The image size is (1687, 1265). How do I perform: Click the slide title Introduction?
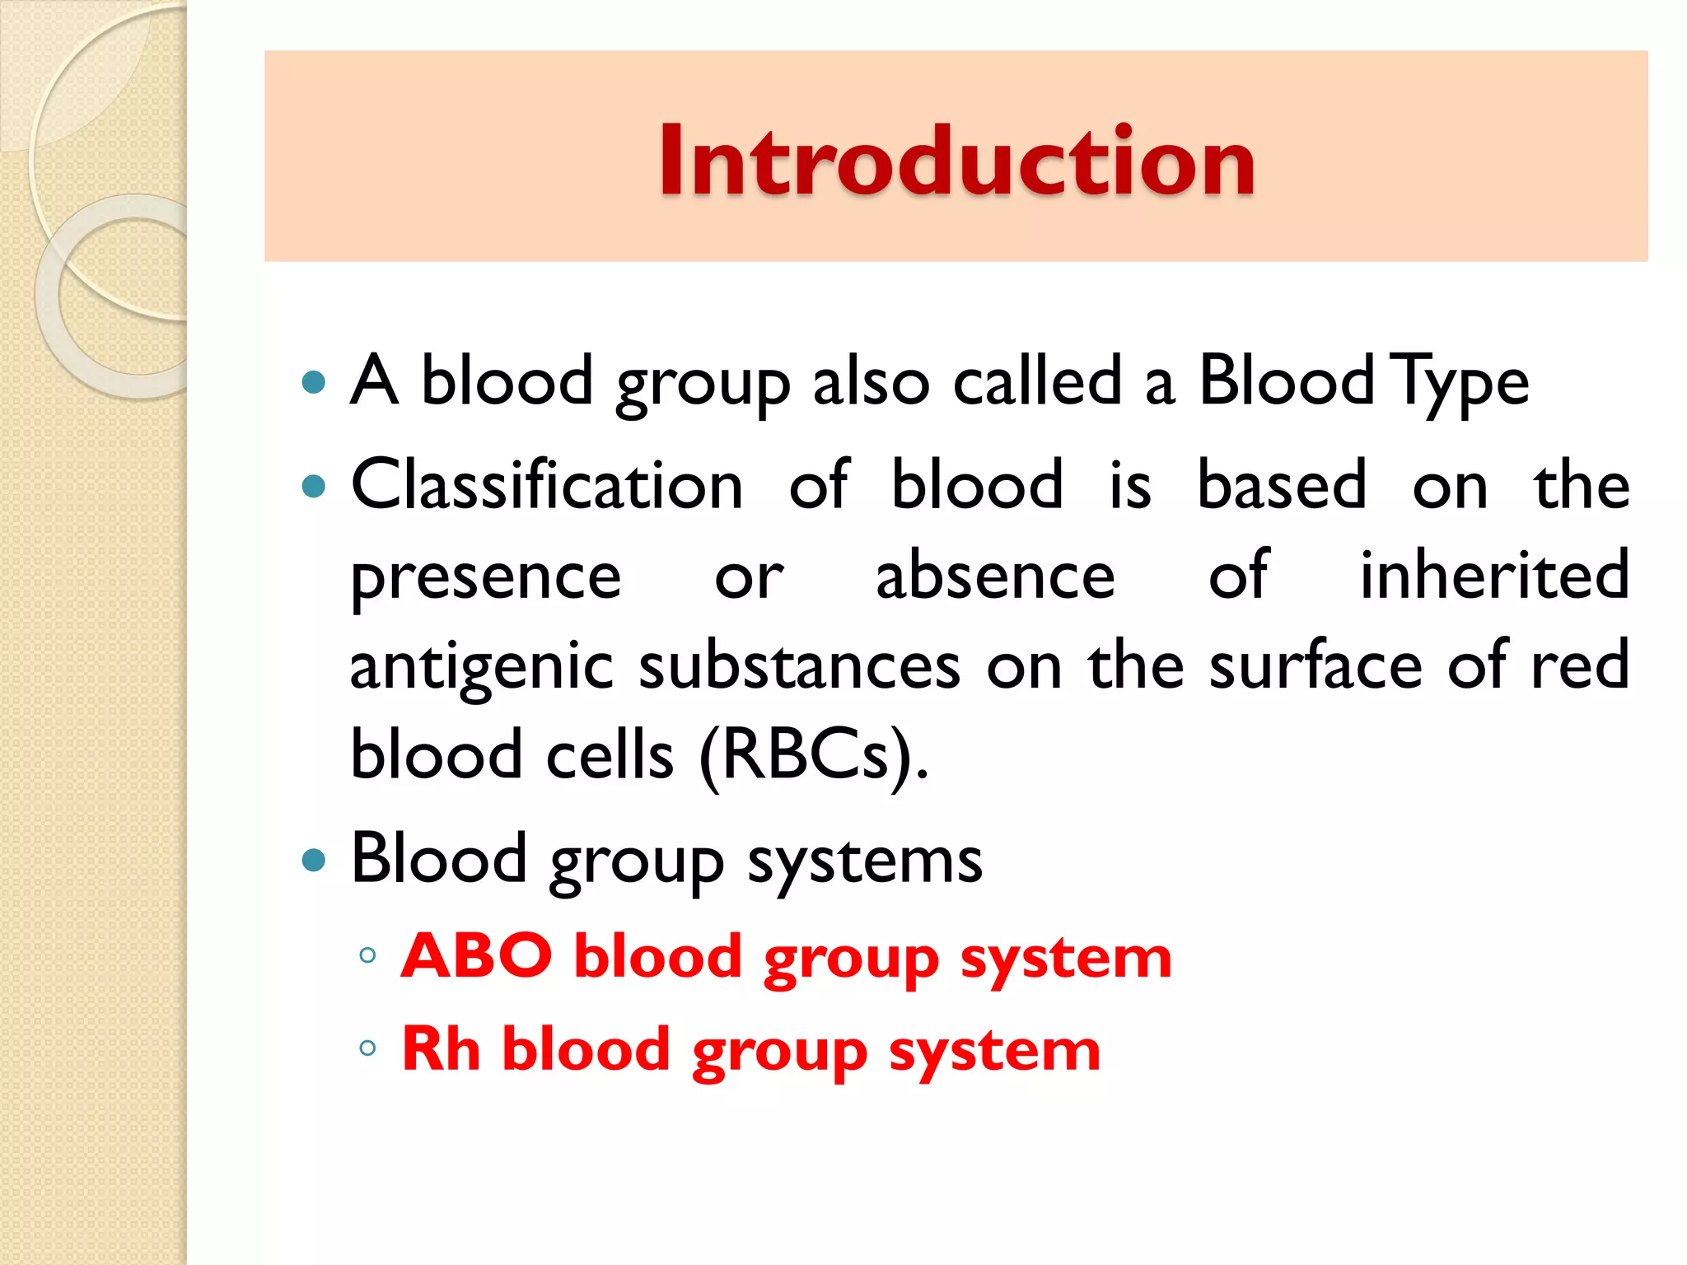[x=956, y=161]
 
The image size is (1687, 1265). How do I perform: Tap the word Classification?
[x=547, y=486]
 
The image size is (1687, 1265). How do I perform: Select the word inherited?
[x=1494, y=575]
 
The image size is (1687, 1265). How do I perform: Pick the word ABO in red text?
[x=476, y=956]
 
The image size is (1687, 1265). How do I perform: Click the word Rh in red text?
[x=441, y=1049]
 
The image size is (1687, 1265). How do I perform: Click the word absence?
[x=995, y=575]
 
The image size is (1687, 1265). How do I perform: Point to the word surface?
[x=1315, y=665]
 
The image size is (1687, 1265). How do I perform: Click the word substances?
[x=799, y=665]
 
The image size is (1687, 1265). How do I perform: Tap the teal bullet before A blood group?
[x=314, y=382]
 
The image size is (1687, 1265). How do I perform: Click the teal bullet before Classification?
[x=314, y=487]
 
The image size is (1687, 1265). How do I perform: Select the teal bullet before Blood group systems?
[x=314, y=861]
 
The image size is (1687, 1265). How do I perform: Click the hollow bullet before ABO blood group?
[x=368, y=955]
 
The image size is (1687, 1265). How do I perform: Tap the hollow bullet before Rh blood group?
[x=368, y=1048]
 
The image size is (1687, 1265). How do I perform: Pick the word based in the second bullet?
[x=1282, y=486]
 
